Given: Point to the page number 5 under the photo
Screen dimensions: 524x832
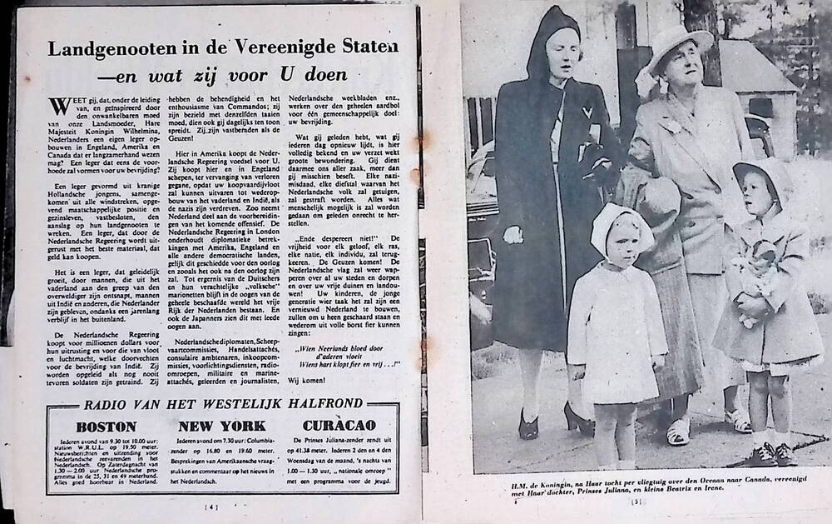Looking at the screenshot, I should (x=639, y=501).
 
